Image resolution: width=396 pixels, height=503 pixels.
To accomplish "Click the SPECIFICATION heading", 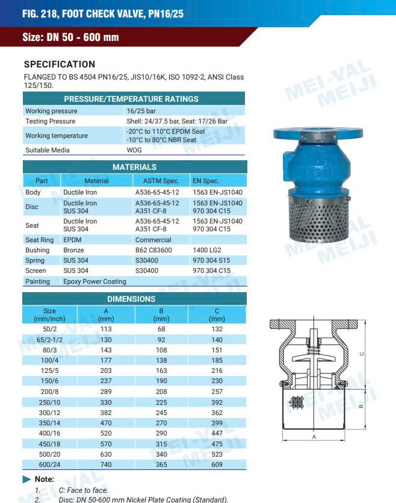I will (x=59, y=64).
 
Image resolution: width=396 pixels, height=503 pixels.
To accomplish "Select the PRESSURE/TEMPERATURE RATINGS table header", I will (x=131, y=99).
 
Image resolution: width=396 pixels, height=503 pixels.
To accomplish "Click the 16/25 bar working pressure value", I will (x=141, y=111).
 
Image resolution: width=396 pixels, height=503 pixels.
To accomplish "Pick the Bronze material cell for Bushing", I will (x=74, y=250).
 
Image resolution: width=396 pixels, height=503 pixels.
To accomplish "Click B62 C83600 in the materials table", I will (x=153, y=250).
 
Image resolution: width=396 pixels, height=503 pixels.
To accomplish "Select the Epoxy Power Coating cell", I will (x=94, y=281).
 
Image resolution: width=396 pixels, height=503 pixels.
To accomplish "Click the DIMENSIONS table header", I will (x=131, y=299).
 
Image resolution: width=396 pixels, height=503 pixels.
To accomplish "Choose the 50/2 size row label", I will (x=49, y=330).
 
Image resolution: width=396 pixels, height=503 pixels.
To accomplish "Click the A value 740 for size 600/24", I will (x=106, y=464).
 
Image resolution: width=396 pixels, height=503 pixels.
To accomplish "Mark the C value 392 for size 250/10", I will (x=217, y=402).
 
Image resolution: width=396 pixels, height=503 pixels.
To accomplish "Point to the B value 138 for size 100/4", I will (x=161, y=360).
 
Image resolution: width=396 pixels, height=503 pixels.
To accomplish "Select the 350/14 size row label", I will (x=49, y=423).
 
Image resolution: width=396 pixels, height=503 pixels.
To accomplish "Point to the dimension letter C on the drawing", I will (x=361, y=354).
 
